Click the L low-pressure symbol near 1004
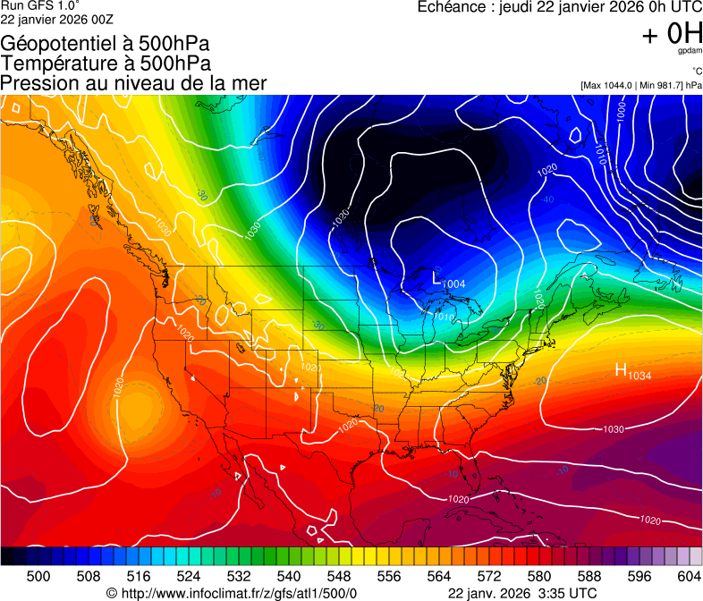click(x=437, y=277)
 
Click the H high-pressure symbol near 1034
click(x=621, y=369)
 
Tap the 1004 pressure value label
click(x=454, y=284)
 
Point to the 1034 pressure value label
click(x=639, y=376)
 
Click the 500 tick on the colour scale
click(x=38, y=575)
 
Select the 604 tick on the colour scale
click(x=689, y=575)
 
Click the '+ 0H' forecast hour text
click(x=672, y=33)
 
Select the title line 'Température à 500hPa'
click(x=106, y=63)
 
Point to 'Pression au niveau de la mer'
click(x=133, y=83)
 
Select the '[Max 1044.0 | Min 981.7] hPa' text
click(x=640, y=85)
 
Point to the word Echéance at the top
click(x=453, y=7)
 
